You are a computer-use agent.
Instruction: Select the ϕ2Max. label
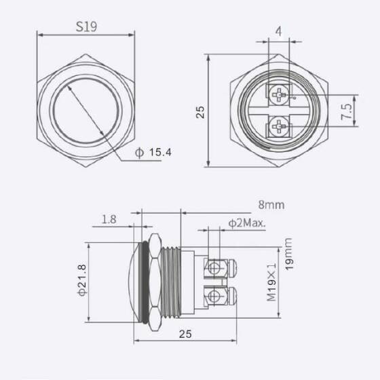pos(246,223)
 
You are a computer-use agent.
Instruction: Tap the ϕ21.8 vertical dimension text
pos(81,280)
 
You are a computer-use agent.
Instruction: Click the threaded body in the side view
pos(174,280)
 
